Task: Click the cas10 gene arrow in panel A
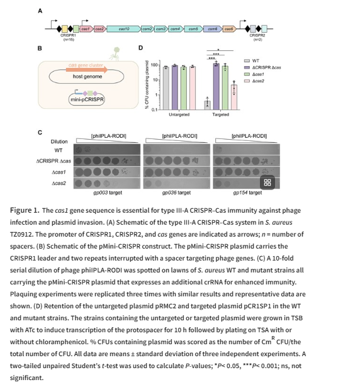[124, 29]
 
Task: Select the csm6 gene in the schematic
[213, 29]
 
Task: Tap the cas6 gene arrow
[229, 29]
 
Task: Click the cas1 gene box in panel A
[86, 29]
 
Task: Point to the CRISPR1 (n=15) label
[69, 37]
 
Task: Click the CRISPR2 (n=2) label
[257, 37]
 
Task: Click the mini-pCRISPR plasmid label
[87, 99]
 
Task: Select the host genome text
[87, 77]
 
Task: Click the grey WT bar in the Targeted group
[208, 105]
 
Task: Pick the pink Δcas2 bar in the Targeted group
[234, 98]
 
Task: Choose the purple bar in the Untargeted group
[175, 87]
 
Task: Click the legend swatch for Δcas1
[247, 74]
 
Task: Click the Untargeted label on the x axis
[179, 115]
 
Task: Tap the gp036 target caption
[176, 193]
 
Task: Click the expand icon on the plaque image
[267, 182]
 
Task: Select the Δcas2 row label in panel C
[59, 183]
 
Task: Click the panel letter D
[140, 48]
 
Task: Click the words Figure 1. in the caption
[25, 211]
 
